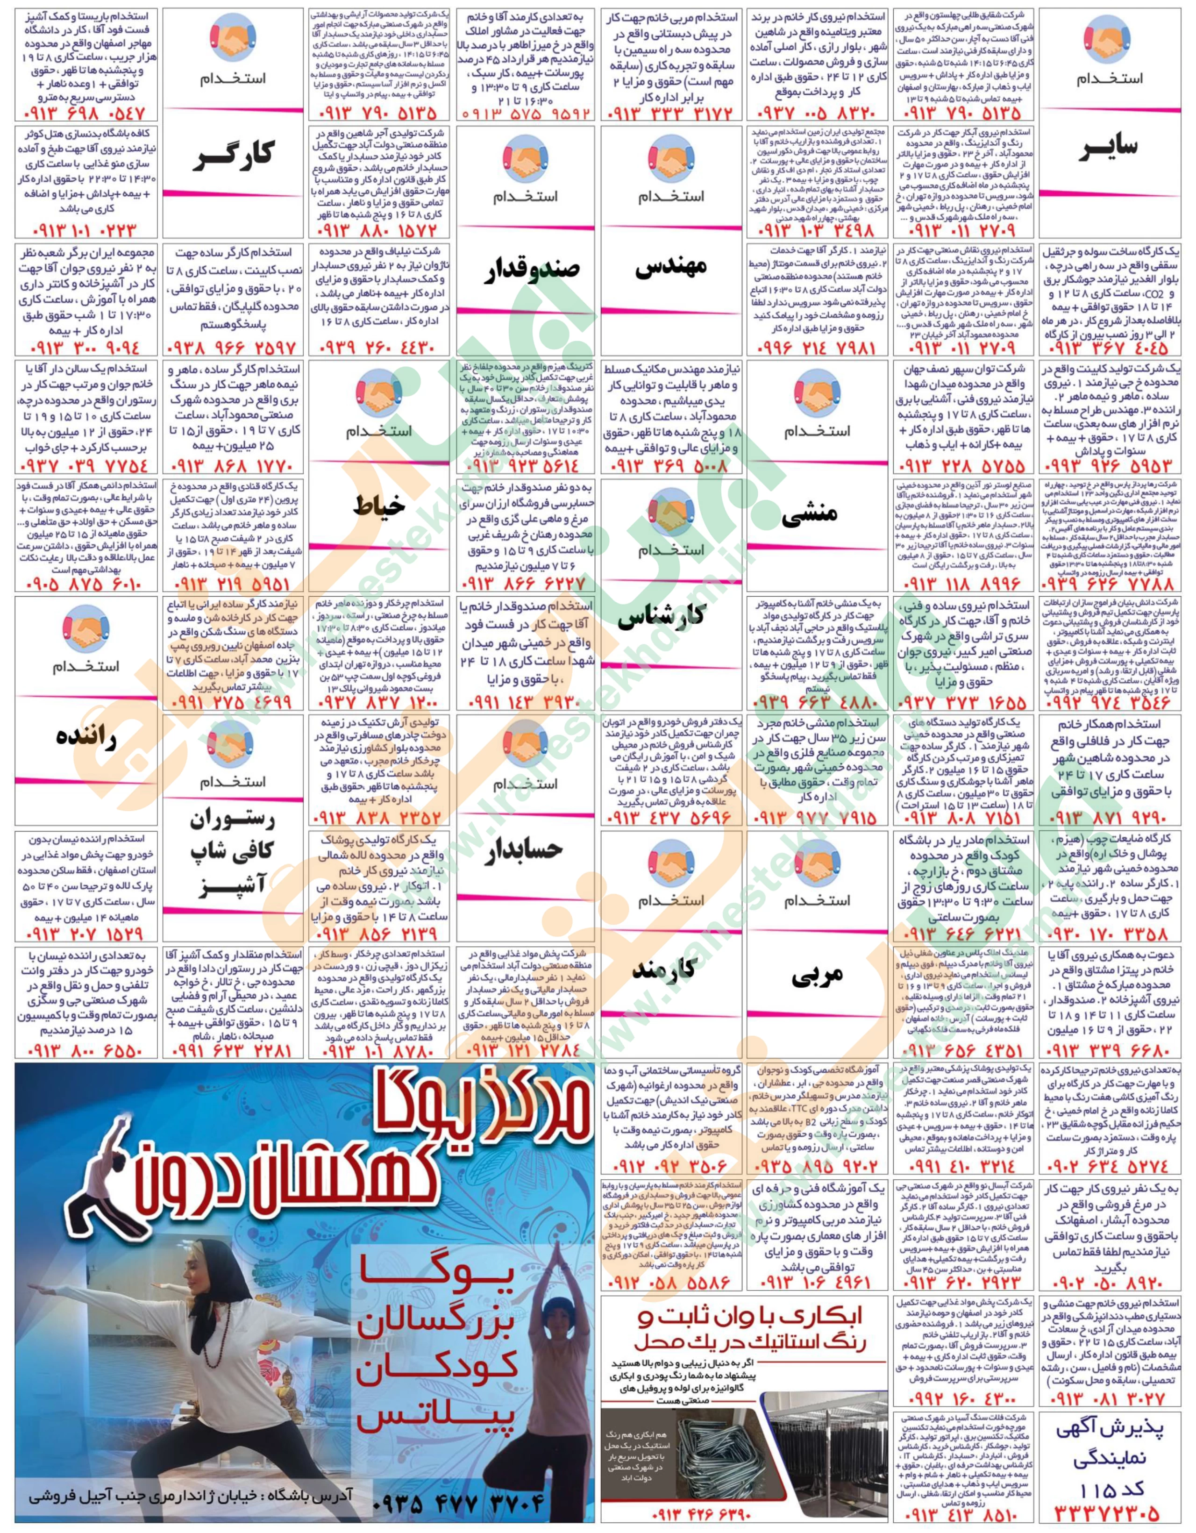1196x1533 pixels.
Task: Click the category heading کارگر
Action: (x=232, y=151)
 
